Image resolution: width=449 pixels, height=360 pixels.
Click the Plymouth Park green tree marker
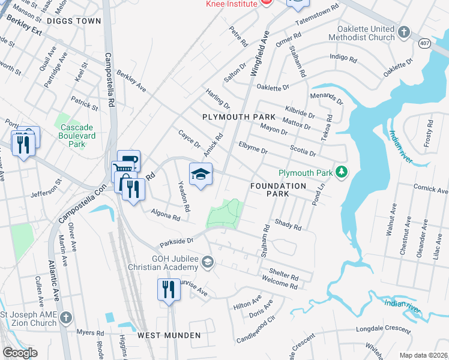coord(342,173)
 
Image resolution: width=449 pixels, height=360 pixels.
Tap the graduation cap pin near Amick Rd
coord(201,175)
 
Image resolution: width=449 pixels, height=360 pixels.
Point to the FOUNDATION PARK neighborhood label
coord(278,190)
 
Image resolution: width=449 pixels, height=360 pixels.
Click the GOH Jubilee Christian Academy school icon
coord(208,262)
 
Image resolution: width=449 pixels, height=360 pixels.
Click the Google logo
coord(19,353)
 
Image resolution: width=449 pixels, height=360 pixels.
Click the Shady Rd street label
coord(287,224)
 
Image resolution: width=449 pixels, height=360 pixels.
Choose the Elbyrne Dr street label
coord(252,148)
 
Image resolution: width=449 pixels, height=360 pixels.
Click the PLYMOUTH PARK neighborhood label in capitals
coord(238,116)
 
